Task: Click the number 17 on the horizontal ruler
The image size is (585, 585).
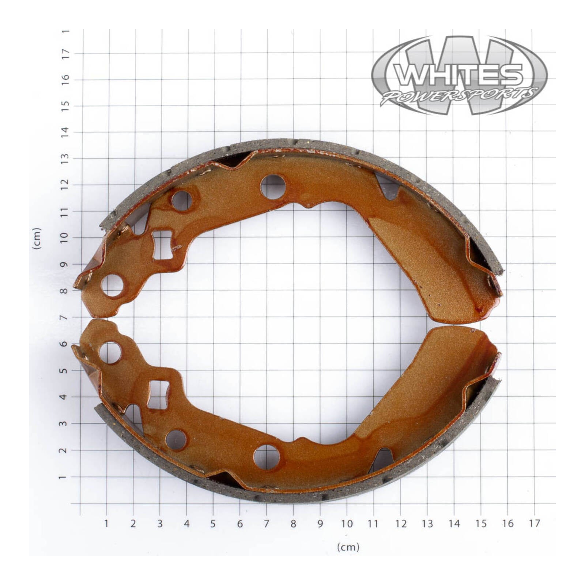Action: click(x=534, y=524)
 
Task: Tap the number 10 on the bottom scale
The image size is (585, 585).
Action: click(x=347, y=524)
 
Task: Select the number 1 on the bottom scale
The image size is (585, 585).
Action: click(x=106, y=524)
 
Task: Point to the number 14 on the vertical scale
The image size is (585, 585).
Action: click(x=65, y=132)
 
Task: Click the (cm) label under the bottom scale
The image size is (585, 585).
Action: click(x=348, y=547)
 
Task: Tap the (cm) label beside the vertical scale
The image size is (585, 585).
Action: click(x=37, y=238)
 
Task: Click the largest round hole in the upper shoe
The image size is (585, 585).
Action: click(x=273, y=187)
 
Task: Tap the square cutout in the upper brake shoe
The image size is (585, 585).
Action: click(x=162, y=245)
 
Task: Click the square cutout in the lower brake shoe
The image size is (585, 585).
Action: click(x=159, y=395)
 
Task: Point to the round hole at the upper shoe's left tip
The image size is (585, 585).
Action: click(x=112, y=285)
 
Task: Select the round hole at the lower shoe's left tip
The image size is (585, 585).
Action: click(x=110, y=353)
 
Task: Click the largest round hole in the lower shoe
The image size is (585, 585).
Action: click(x=267, y=457)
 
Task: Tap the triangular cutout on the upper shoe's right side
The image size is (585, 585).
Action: click(x=388, y=187)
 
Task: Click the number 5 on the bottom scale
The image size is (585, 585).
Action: click(x=213, y=524)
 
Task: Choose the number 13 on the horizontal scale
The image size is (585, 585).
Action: click(x=427, y=524)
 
